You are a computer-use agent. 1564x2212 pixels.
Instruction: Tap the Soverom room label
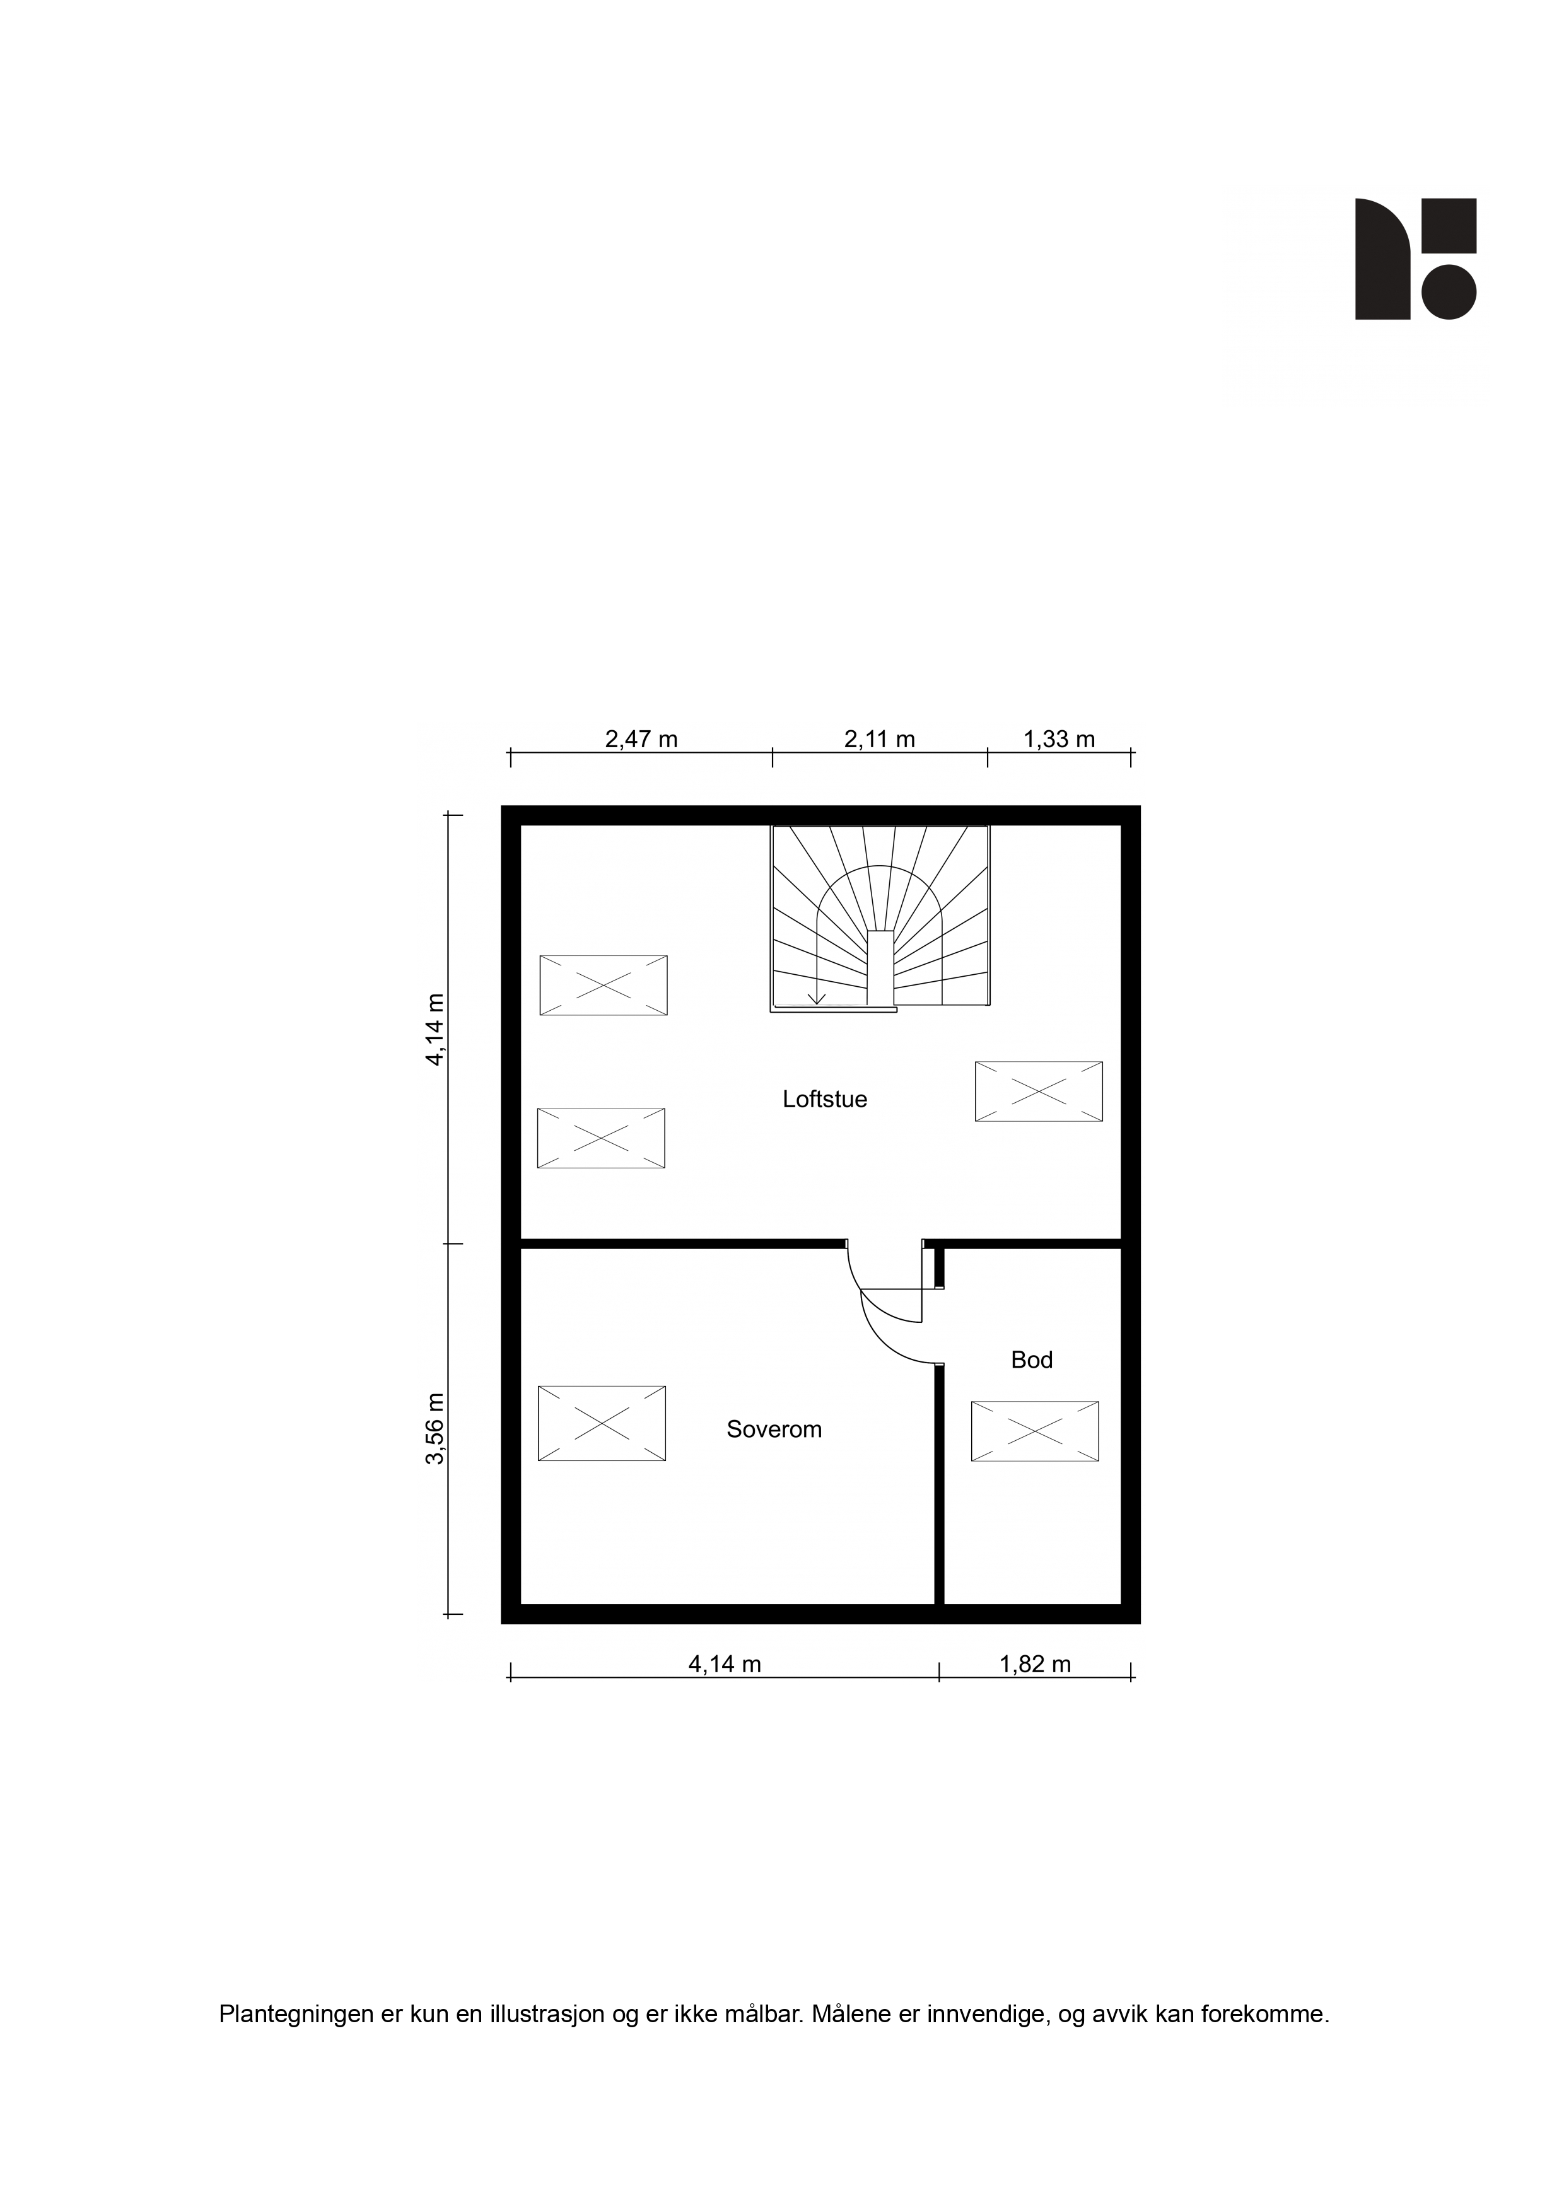(774, 1429)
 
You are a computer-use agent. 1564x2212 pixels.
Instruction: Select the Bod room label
(1031, 1359)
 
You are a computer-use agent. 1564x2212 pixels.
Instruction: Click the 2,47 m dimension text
(641, 739)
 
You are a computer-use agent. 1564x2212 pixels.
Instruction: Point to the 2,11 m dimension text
(880, 739)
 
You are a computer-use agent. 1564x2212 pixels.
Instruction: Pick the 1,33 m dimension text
(1059, 739)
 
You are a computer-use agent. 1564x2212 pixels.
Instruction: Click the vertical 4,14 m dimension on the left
(436, 1029)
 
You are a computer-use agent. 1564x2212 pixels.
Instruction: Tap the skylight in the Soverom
(601, 1423)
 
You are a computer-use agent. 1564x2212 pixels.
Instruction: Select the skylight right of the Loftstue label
(1039, 1091)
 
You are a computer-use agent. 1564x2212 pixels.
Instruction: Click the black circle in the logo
(1449, 292)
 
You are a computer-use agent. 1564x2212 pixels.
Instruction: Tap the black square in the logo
(1449, 226)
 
